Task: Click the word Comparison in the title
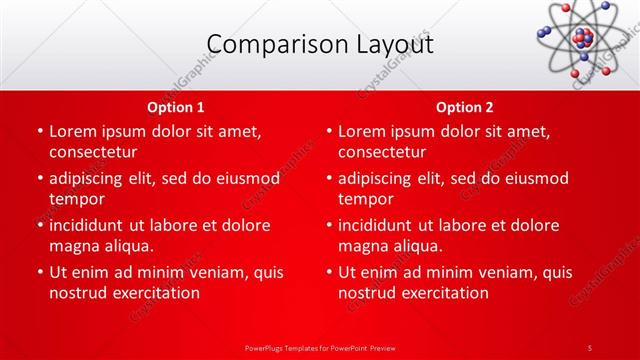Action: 266,45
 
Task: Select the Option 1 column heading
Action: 176,107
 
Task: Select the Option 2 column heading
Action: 465,107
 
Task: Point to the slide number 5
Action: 590,347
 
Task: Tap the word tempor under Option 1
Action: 76,199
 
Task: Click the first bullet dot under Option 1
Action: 39,131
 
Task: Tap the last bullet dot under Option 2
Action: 328,272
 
